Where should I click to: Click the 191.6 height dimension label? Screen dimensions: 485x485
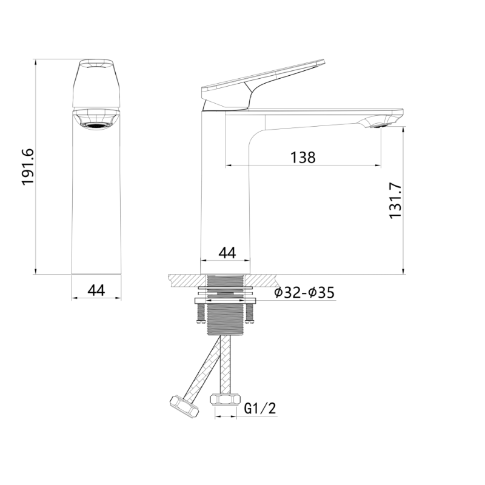pos(28,167)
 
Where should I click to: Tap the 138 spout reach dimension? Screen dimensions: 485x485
pos(303,157)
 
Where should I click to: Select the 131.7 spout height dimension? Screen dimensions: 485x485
pos(395,201)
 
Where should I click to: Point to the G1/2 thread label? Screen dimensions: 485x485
pos(260,409)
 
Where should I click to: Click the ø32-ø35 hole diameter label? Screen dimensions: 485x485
pos(304,293)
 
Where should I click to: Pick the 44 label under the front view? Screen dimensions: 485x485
pos(96,290)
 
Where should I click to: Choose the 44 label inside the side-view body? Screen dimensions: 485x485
pos(227,253)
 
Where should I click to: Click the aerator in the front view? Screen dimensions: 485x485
pos(96,125)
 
